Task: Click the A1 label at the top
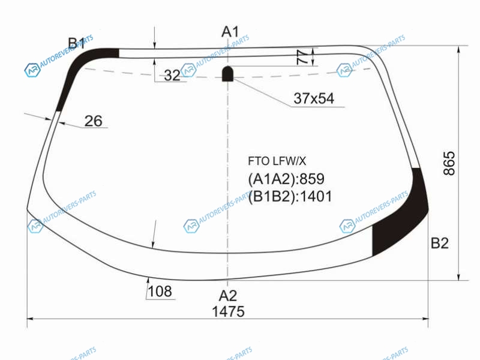coord(230,32)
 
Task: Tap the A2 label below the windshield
coord(228,296)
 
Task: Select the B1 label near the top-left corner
coord(77,43)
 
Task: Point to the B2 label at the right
coord(440,243)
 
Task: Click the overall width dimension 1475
coord(228,311)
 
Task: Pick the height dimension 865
coord(449,163)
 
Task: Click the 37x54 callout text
coord(314,98)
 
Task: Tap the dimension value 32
coord(172,76)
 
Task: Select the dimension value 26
coord(93,121)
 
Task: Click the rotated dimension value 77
coord(303,57)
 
